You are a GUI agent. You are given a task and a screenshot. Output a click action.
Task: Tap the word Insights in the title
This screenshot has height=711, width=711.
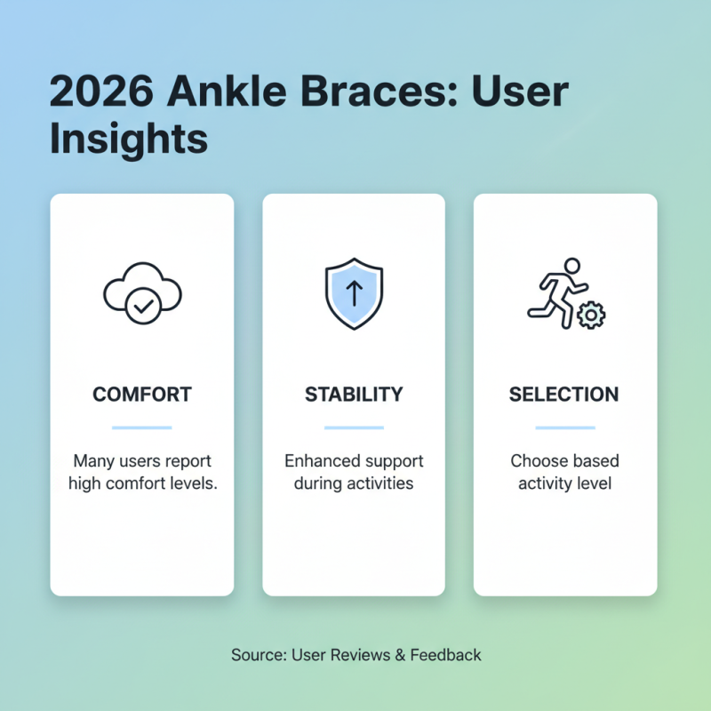tap(129, 140)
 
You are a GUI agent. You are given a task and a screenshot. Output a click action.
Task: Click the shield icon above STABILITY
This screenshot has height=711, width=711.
tap(354, 293)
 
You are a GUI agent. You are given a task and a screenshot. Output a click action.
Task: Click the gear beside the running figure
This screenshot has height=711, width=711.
tap(589, 315)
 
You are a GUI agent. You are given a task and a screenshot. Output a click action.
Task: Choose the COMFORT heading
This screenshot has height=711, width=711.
tap(142, 394)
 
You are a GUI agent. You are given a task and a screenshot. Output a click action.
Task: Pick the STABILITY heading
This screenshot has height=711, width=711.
tap(354, 394)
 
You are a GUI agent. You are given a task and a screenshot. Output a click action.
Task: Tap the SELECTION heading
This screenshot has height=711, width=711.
tap(564, 394)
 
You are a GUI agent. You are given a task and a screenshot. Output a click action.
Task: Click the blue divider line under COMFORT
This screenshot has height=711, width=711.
tap(142, 427)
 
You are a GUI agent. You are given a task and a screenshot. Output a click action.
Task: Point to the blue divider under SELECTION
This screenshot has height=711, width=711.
tap(564, 427)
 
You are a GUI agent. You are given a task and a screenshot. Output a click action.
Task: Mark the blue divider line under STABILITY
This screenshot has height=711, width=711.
tap(354, 427)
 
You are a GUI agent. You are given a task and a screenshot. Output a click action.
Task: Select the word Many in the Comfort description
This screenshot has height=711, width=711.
tap(92, 462)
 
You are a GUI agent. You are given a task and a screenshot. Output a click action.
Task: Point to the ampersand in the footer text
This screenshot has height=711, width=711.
tap(401, 655)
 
